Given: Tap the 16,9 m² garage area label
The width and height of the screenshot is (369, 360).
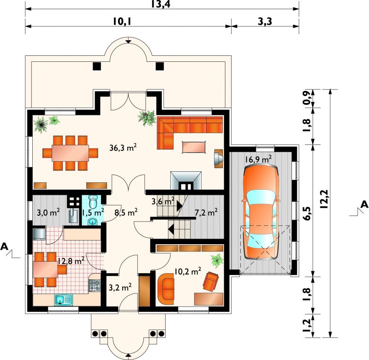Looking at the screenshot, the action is pyautogui.click(x=258, y=159).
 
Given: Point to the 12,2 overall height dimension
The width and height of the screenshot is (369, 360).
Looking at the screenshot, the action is pyautogui.click(x=324, y=199).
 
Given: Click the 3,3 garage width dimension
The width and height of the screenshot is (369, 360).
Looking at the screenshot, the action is pyautogui.click(x=265, y=21).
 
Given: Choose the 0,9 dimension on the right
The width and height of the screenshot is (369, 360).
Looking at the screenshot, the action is pyautogui.click(x=307, y=98).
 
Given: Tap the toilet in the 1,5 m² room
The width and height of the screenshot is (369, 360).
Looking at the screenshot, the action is pyautogui.click(x=93, y=202).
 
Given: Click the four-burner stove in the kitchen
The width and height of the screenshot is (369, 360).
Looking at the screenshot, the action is pyautogui.click(x=95, y=285).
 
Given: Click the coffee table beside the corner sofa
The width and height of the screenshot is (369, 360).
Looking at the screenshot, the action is pyautogui.click(x=193, y=147).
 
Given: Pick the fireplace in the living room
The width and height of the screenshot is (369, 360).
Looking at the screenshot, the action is pyautogui.click(x=186, y=180).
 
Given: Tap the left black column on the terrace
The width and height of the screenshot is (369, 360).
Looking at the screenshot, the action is pyautogui.click(x=97, y=66).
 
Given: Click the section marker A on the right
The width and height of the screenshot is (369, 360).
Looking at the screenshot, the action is pyautogui.click(x=364, y=204).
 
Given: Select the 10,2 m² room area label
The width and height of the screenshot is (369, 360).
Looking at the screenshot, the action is pyautogui.click(x=188, y=271).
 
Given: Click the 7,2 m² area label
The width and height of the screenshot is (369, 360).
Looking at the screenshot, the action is pyautogui.click(x=206, y=212).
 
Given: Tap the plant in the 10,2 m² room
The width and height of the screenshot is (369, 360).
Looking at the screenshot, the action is pyautogui.click(x=217, y=260).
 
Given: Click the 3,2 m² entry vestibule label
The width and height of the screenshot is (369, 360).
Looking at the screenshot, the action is pyautogui.click(x=120, y=287).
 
